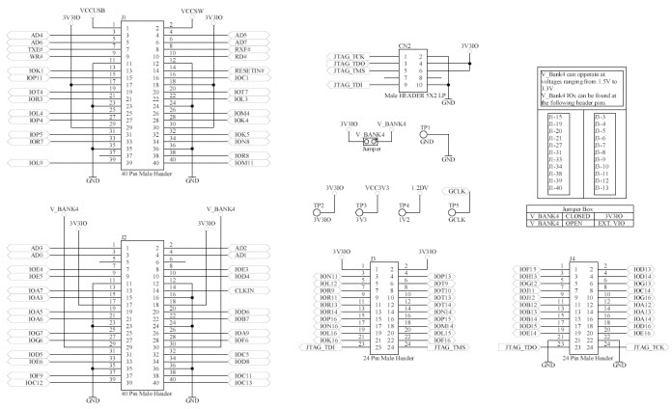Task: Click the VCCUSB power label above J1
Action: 94,9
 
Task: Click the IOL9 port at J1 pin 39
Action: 36,163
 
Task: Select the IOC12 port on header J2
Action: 36,383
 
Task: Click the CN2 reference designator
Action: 406,45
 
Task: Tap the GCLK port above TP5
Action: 458,191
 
